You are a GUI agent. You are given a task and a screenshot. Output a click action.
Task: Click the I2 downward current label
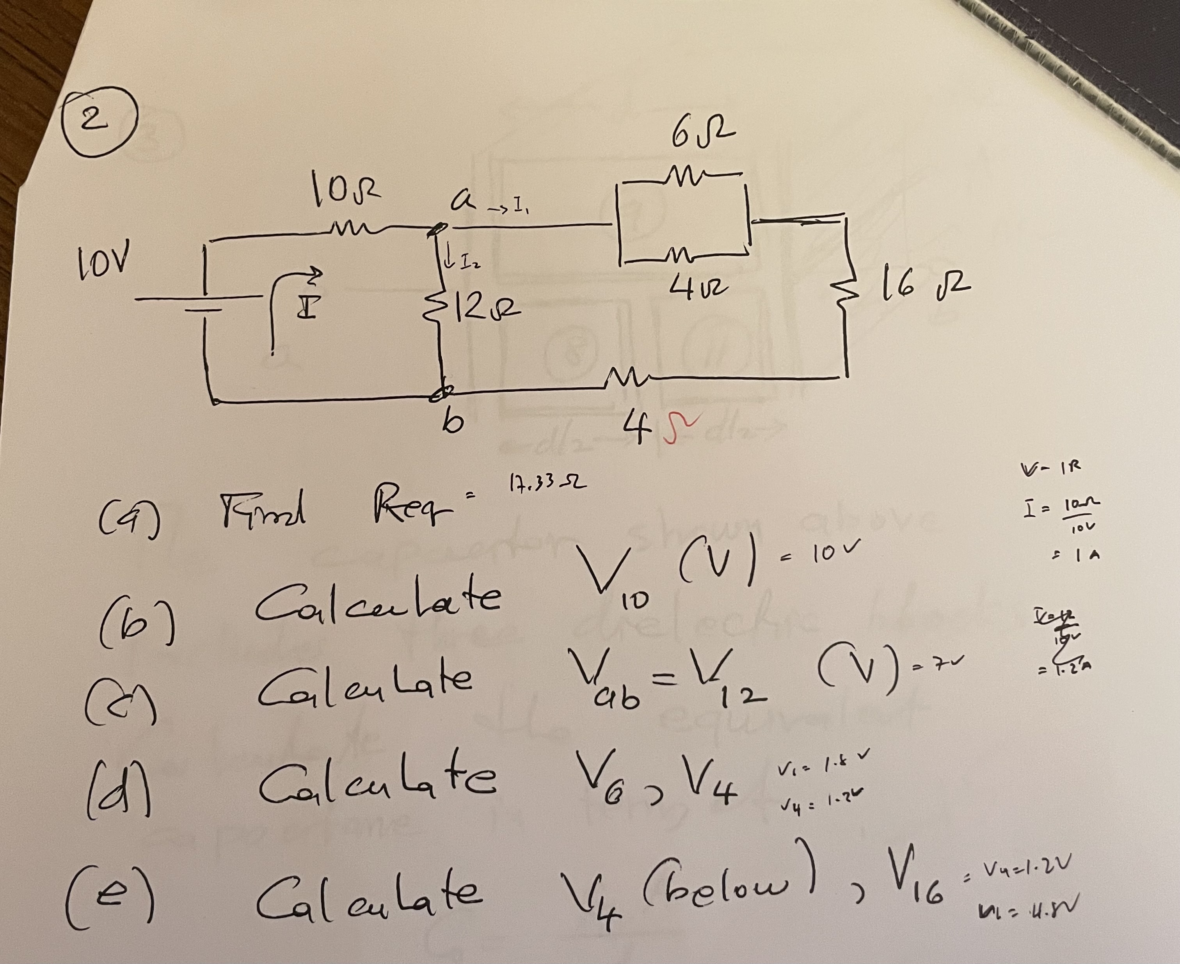pos(460,260)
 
